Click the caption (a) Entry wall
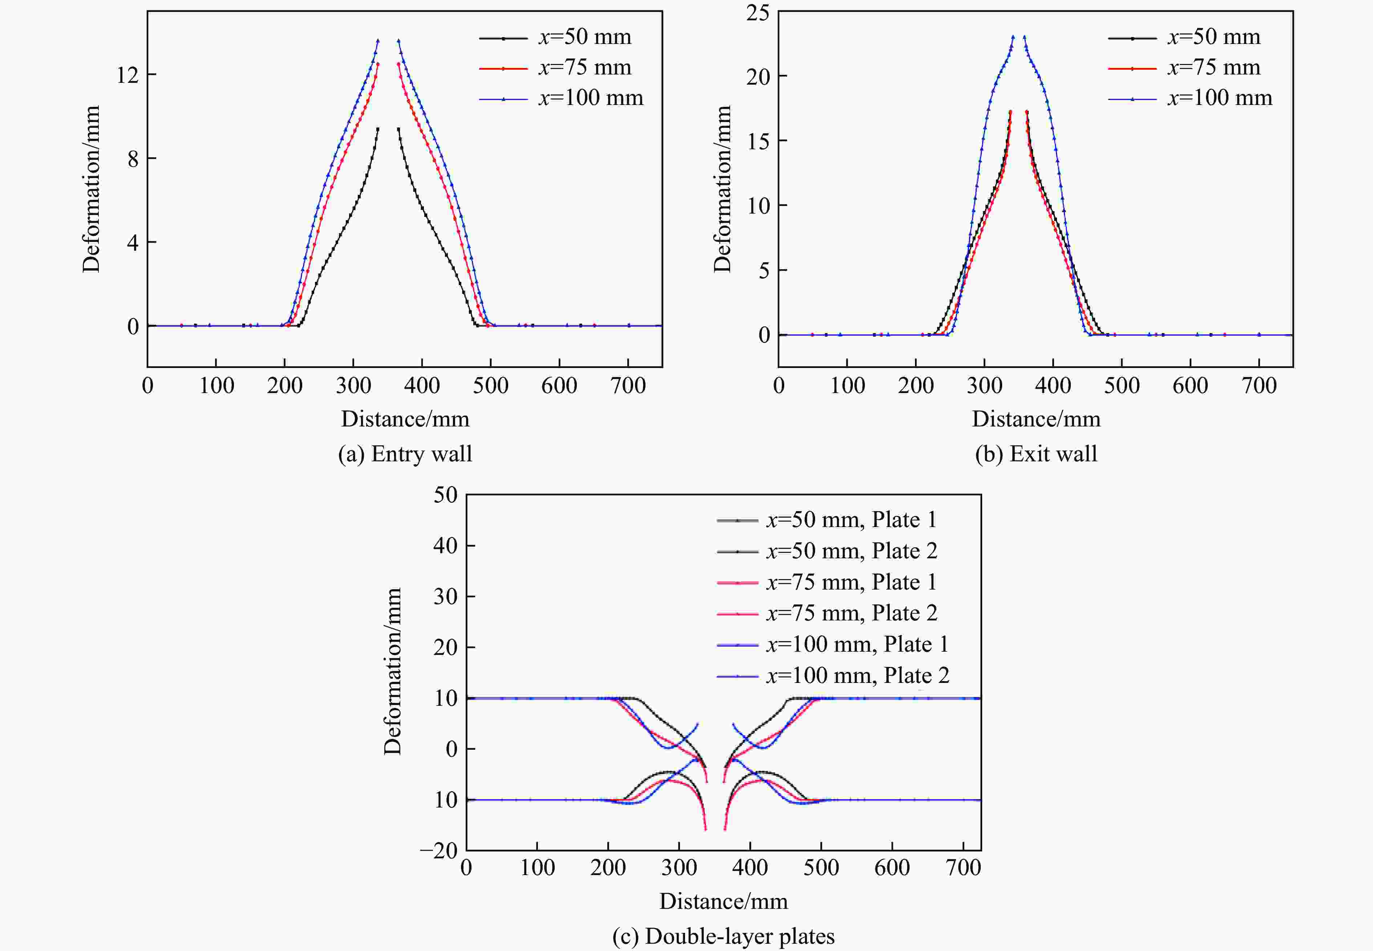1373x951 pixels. click(405, 454)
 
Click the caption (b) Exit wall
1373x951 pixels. click(1036, 454)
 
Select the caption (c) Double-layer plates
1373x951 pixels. click(723, 936)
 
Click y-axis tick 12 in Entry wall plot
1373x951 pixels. click(127, 75)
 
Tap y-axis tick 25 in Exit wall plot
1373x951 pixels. click(758, 12)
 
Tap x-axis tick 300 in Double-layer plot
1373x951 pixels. click(679, 867)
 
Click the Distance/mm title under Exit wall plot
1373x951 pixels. click(1036, 419)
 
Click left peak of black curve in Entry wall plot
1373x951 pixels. click(378, 129)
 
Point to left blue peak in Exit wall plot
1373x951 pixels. click(1013, 37)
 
